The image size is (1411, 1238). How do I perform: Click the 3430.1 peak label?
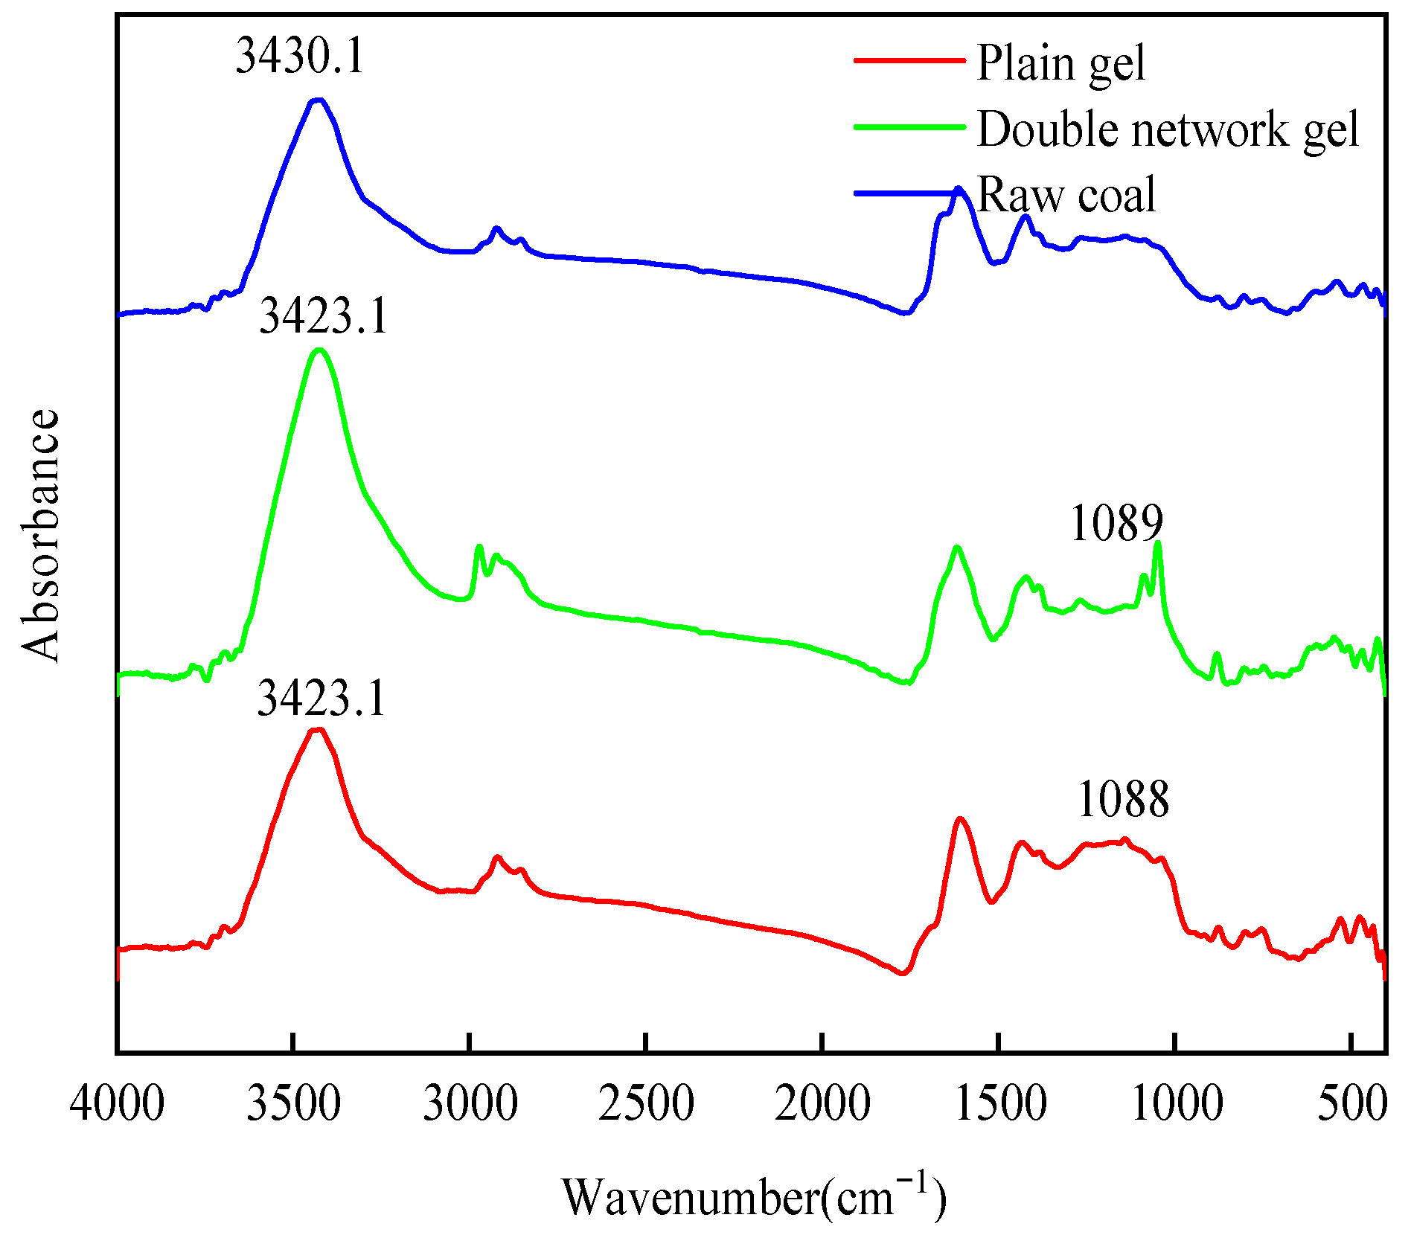(x=300, y=56)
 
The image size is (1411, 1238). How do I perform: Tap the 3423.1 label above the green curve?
(x=324, y=315)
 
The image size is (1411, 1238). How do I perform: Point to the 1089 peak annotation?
(x=1116, y=523)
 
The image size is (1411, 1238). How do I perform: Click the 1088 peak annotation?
(x=1123, y=799)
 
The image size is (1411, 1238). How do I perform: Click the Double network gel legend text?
(x=1168, y=130)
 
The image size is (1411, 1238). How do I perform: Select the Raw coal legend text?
(x=1066, y=195)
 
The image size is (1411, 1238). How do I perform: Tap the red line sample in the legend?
(x=909, y=60)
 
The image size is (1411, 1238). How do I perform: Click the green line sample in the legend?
(x=909, y=126)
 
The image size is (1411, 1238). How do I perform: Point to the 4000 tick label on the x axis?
(x=117, y=1103)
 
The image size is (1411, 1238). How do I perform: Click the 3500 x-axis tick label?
(x=293, y=1103)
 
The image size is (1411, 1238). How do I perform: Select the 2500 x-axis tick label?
(x=646, y=1103)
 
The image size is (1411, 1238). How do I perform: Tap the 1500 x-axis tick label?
(x=999, y=1103)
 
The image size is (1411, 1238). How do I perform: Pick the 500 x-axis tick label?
(x=1351, y=1103)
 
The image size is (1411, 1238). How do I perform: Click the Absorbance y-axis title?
(x=40, y=535)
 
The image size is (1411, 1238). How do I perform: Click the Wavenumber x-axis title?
(x=753, y=1197)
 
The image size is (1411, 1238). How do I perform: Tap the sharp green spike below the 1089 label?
(x=1157, y=543)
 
